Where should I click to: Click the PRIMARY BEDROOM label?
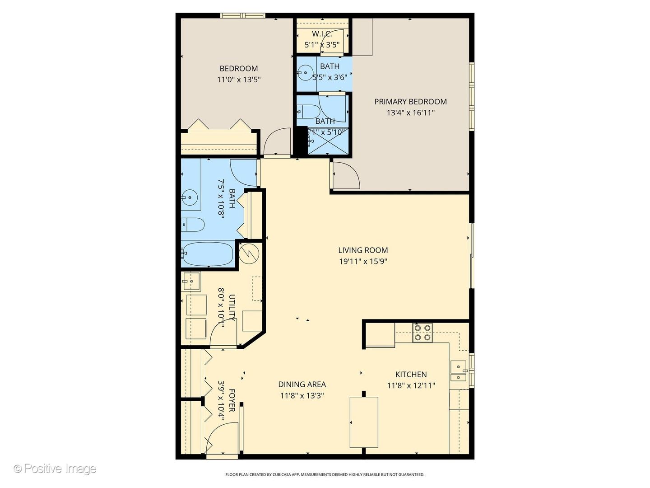[x=410, y=102]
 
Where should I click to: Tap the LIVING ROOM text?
[x=363, y=250]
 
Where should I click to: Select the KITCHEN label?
[x=411, y=374]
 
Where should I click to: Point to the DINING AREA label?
[x=302, y=384]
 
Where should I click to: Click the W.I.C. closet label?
[x=322, y=34]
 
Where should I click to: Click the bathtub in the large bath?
[x=208, y=254]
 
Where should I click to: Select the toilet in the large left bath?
[x=193, y=225]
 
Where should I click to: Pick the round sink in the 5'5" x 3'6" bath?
[x=306, y=72]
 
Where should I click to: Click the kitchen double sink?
[x=458, y=371]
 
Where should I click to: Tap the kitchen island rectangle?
[x=364, y=422]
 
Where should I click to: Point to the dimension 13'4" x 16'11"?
[x=410, y=113]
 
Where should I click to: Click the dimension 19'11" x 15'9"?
[x=363, y=261]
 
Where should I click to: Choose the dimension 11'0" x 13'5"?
[x=239, y=80]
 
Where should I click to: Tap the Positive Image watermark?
[x=55, y=469]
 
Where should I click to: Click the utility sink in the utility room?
[x=191, y=282]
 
